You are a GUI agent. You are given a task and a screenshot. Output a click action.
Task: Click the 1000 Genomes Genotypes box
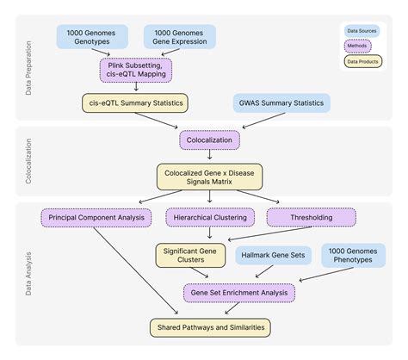[92, 36]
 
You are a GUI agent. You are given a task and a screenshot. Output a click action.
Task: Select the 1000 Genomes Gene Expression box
[179, 36]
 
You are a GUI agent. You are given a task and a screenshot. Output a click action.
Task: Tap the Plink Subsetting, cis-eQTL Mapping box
[135, 69]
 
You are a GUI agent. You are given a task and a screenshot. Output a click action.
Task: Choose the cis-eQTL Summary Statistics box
[134, 104]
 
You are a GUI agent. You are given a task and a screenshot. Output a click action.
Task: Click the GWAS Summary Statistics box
[281, 104]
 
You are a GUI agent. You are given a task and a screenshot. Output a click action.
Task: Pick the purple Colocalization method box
[209, 138]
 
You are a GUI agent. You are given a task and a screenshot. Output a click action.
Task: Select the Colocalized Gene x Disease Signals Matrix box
[209, 177]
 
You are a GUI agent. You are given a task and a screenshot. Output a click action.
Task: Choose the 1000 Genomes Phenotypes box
[356, 256]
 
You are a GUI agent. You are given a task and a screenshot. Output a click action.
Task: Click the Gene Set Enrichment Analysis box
[239, 293]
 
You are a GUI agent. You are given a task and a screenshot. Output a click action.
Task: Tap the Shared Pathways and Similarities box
[209, 327]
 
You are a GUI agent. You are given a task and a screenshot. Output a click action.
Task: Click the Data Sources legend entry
[363, 31]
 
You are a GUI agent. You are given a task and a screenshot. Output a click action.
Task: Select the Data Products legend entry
[364, 62]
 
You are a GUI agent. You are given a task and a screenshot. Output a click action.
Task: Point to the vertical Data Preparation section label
[28, 67]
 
